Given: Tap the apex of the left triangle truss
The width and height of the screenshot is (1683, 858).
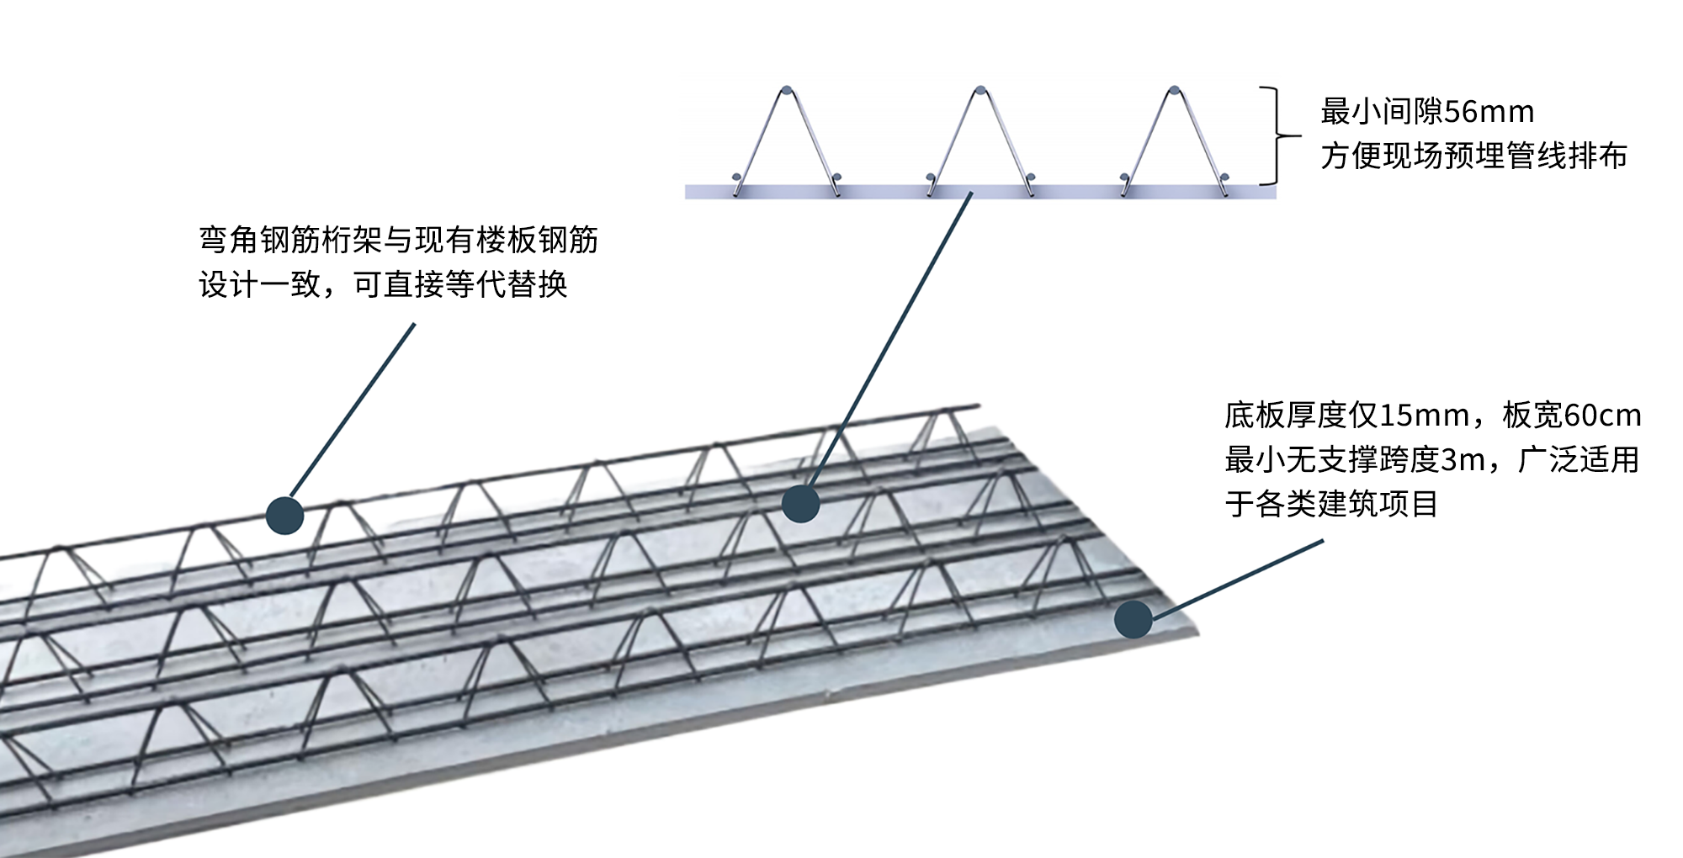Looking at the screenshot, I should click(x=786, y=90).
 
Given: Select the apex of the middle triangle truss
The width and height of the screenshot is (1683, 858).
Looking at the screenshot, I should click(x=980, y=90).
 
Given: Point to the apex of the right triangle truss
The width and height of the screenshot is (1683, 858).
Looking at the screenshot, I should click(x=1174, y=90).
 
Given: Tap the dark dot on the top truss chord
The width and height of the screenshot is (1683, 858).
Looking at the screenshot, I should click(x=284, y=515).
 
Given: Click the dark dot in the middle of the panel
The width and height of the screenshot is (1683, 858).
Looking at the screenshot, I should click(x=800, y=503).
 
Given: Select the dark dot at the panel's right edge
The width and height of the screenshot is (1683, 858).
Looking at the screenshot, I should click(x=1133, y=619).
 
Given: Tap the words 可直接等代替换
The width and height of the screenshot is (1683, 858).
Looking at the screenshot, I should click(x=460, y=285).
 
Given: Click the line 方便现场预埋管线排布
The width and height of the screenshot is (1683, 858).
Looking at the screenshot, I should click(x=1473, y=156).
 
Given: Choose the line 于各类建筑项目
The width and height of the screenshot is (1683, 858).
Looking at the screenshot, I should click(x=1331, y=505).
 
